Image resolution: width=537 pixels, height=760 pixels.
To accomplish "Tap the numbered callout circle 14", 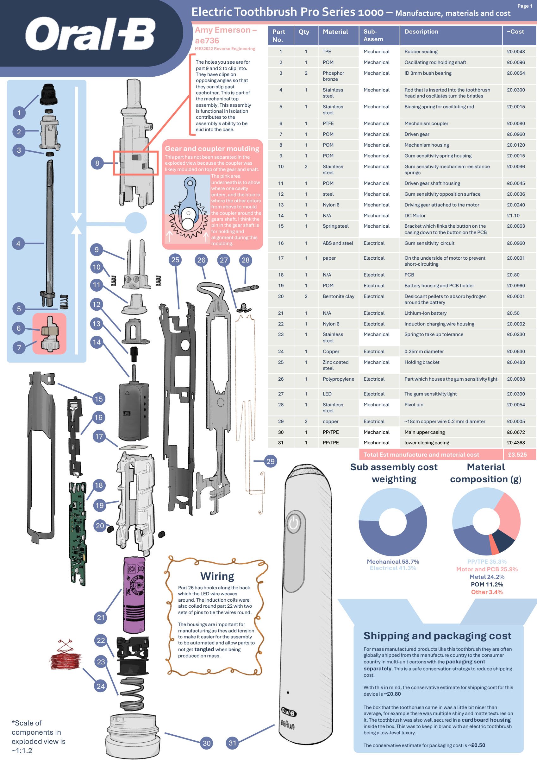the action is (97, 342).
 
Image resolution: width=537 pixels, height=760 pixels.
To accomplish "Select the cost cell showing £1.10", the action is (513, 215).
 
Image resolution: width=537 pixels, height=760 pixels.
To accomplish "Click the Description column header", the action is (421, 32).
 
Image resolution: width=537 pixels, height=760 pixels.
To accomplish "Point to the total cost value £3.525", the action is (517, 454).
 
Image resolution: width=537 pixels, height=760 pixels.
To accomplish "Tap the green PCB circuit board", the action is (78, 534).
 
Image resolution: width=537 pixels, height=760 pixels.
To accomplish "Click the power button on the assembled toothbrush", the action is (293, 523).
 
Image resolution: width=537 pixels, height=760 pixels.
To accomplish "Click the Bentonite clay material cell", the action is (338, 296).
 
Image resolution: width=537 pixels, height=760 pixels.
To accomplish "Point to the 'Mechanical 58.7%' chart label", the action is (393, 561).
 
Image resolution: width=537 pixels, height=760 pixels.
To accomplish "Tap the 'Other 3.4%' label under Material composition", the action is (487, 592).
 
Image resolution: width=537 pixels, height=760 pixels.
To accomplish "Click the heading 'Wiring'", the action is (217, 576).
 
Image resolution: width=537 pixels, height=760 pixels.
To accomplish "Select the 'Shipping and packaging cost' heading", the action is (437, 636).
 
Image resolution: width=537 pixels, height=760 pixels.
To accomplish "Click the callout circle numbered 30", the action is (206, 743).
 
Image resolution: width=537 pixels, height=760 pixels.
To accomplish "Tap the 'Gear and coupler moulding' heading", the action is (212, 149).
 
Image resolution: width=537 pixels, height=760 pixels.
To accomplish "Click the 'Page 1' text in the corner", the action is (525, 6).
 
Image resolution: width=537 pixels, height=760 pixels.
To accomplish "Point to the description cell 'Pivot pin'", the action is (414, 404).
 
